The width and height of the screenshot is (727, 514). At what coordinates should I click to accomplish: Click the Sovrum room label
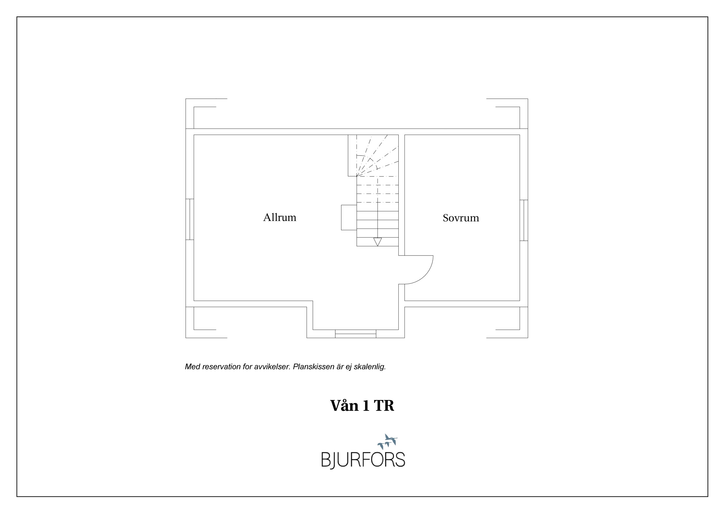coord(461,218)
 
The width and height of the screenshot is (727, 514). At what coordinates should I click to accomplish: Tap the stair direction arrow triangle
coord(377,242)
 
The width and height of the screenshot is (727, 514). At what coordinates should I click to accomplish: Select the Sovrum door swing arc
coord(426,276)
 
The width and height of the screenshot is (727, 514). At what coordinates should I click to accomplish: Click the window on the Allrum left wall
coord(190,219)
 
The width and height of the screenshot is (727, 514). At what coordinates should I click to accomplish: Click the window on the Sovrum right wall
coord(524,220)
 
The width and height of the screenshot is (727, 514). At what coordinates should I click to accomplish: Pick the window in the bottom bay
coord(356,334)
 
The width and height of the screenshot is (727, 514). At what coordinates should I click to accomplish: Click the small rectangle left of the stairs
coord(349,217)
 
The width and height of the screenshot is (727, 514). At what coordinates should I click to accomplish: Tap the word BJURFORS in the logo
coord(363,460)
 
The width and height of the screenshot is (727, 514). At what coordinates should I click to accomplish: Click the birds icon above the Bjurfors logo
coord(388,441)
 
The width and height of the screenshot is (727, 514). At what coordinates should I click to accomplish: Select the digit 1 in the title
coord(366,406)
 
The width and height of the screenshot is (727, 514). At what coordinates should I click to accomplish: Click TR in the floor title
coord(384,406)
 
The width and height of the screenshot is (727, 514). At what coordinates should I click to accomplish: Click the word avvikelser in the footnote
coord(272,367)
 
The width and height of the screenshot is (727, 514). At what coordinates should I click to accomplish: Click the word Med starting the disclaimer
coord(192,367)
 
